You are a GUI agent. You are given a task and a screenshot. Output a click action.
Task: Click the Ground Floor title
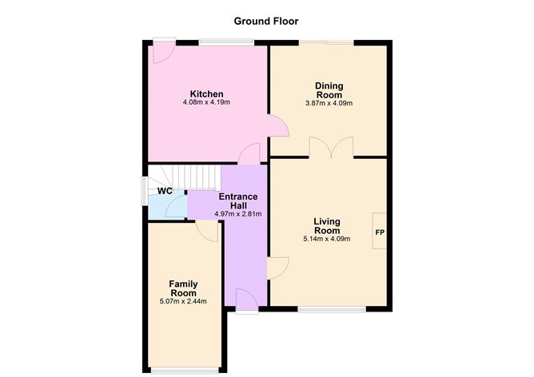point(266,21)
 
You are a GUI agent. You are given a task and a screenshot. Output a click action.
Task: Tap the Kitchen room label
point(206,93)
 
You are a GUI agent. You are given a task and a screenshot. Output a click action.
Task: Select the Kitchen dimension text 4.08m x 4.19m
point(206,103)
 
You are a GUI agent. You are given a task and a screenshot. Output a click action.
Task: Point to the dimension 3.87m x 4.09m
point(329,103)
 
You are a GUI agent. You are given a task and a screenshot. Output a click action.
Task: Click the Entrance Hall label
point(239,200)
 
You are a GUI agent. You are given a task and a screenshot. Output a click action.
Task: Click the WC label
point(165,192)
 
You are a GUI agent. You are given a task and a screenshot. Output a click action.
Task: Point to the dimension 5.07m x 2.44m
point(183,301)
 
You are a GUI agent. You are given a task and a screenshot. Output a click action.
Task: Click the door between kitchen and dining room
point(276,126)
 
